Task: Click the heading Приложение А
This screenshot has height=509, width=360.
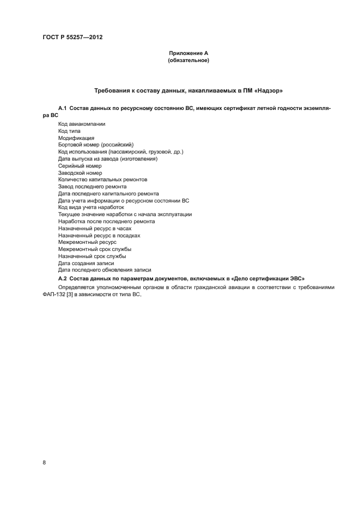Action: pyautogui.click(x=188, y=53)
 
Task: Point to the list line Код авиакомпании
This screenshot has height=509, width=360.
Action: pyautogui.click(x=82, y=124)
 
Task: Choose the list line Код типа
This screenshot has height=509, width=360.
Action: pyautogui.click(x=69, y=131)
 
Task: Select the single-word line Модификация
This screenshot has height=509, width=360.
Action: pyautogui.click(x=76, y=138)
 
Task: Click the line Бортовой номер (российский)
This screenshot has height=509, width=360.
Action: pyautogui.click(x=95, y=145)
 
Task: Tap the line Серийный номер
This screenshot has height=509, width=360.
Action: pyautogui.click(x=80, y=165)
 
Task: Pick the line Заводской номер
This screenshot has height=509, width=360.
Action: pyautogui.click(x=80, y=173)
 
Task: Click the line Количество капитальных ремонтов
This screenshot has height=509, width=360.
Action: pyautogui.click(x=102, y=180)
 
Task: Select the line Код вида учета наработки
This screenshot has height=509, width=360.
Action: pyautogui.click(x=91, y=207)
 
